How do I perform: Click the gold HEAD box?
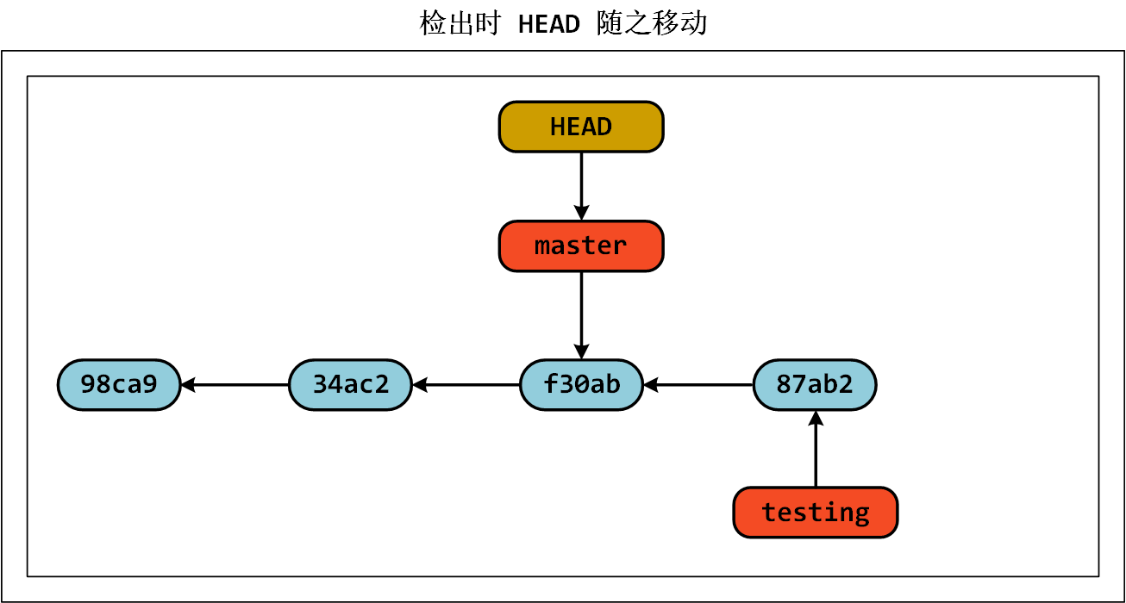point(581,127)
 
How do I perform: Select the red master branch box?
point(581,246)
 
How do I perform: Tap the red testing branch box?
point(815,513)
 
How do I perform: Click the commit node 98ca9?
point(119,384)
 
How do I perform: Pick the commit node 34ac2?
point(350,384)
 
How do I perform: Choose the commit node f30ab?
point(581,384)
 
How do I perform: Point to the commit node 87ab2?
point(815,384)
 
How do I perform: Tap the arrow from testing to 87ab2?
point(815,452)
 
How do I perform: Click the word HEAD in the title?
point(549,24)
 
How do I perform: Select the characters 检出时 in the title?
point(460,24)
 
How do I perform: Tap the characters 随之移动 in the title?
point(652,24)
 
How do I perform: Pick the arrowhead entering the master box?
point(581,213)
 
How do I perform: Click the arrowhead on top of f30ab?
point(581,351)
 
